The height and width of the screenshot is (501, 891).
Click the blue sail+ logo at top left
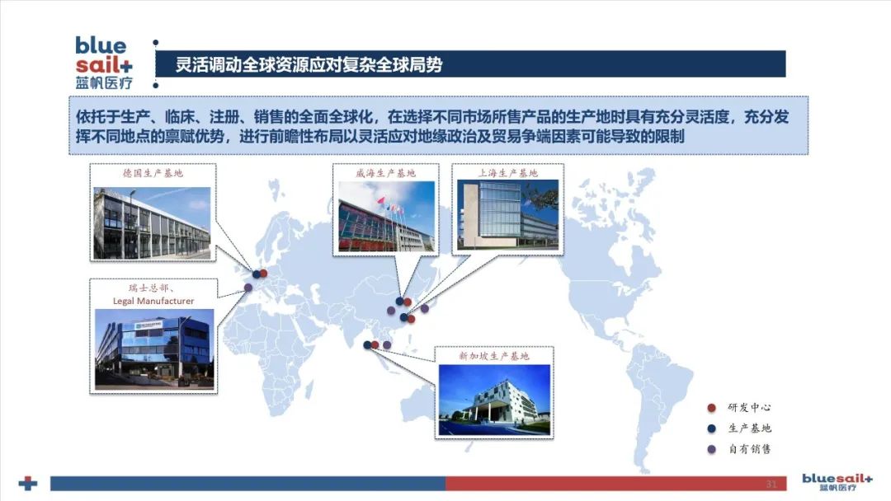click(x=103, y=63)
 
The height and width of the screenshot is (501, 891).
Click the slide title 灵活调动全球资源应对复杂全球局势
click(x=309, y=64)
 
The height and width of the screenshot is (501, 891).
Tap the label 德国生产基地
click(x=153, y=173)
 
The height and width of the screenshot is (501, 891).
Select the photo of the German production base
click(x=152, y=223)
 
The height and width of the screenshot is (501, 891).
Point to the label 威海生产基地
click(x=386, y=173)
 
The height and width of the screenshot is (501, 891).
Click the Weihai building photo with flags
click(x=386, y=216)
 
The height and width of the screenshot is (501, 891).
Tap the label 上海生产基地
click(x=507, y=173)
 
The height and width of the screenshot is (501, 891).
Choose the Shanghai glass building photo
click(x=507, y=214)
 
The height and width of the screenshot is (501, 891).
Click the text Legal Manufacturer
click(x=153, y=301)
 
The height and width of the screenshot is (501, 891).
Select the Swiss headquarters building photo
click(x=154, y=349)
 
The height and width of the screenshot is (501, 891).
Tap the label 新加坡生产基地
click(x=494, y=356)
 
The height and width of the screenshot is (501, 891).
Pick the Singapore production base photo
click(x=494, y=400)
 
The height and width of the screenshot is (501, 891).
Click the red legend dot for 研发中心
click(x=711, y=408)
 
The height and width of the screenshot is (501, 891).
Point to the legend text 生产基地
click(x=749, y=428)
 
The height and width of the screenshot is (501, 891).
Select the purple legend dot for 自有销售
click(x=711, y=449)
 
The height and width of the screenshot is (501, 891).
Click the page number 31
click(x=771, y=484)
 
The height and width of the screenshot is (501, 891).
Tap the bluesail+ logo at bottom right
click(x=837, y=482)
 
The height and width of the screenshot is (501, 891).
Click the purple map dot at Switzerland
click(x=248, y=288)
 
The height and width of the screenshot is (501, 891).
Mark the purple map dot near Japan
click(x=425, y=309)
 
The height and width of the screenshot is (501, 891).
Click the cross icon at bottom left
click(x=28, y=484)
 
